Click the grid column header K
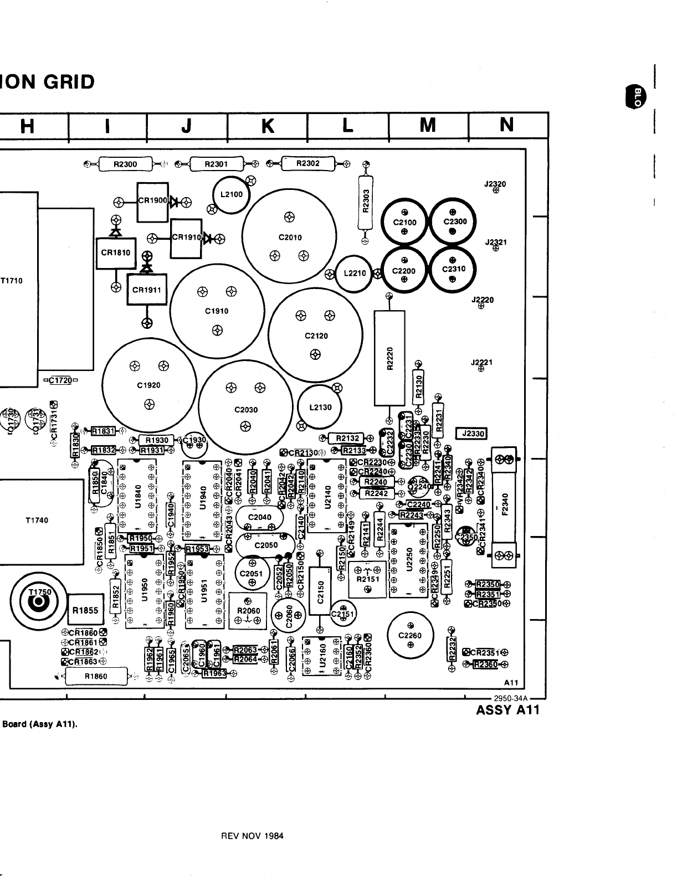coord(268,126)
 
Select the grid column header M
coord(427,126)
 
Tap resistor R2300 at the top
coord(125,164)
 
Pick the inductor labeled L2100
coord(232,194)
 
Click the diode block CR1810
coord(116,253)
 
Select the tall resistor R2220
coord(389,357)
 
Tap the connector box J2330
coord(471,434)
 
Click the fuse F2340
coord(504,508)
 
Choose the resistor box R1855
coord(85,611)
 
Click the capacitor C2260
coord(410,636)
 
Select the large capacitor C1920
coord(148,385)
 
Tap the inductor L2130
coord(320,407)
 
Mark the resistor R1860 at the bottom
coord(96,676)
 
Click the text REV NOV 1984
coord(252,836)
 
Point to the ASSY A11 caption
coord(507,710)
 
